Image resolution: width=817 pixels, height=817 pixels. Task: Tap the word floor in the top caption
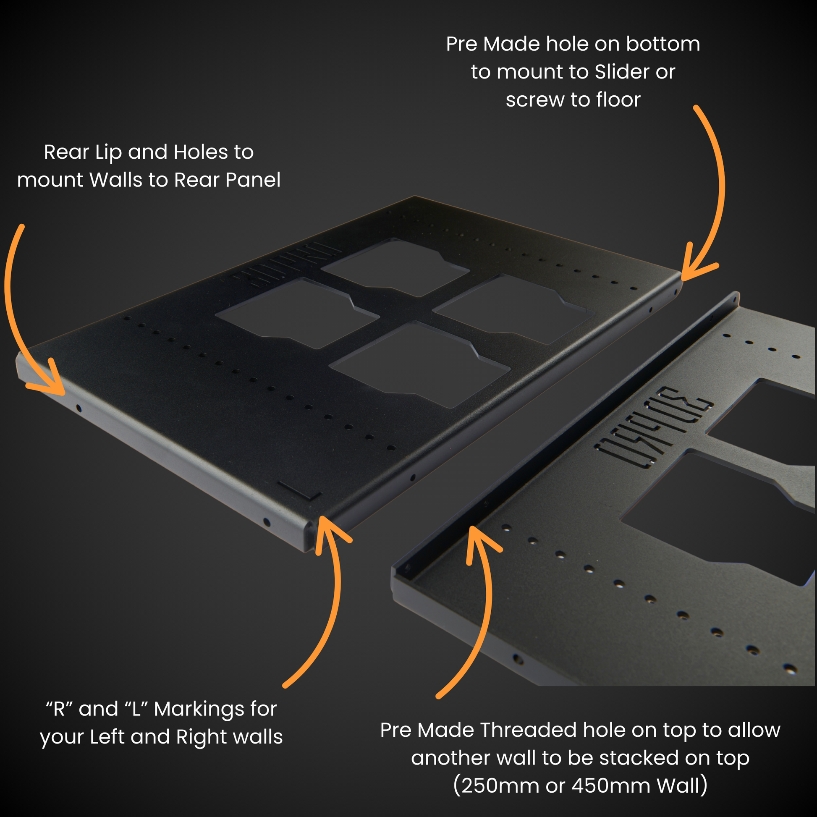(618, 100)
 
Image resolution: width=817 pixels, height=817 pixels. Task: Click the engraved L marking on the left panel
(300, 490)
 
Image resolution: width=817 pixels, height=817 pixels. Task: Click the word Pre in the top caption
(461, 45)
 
